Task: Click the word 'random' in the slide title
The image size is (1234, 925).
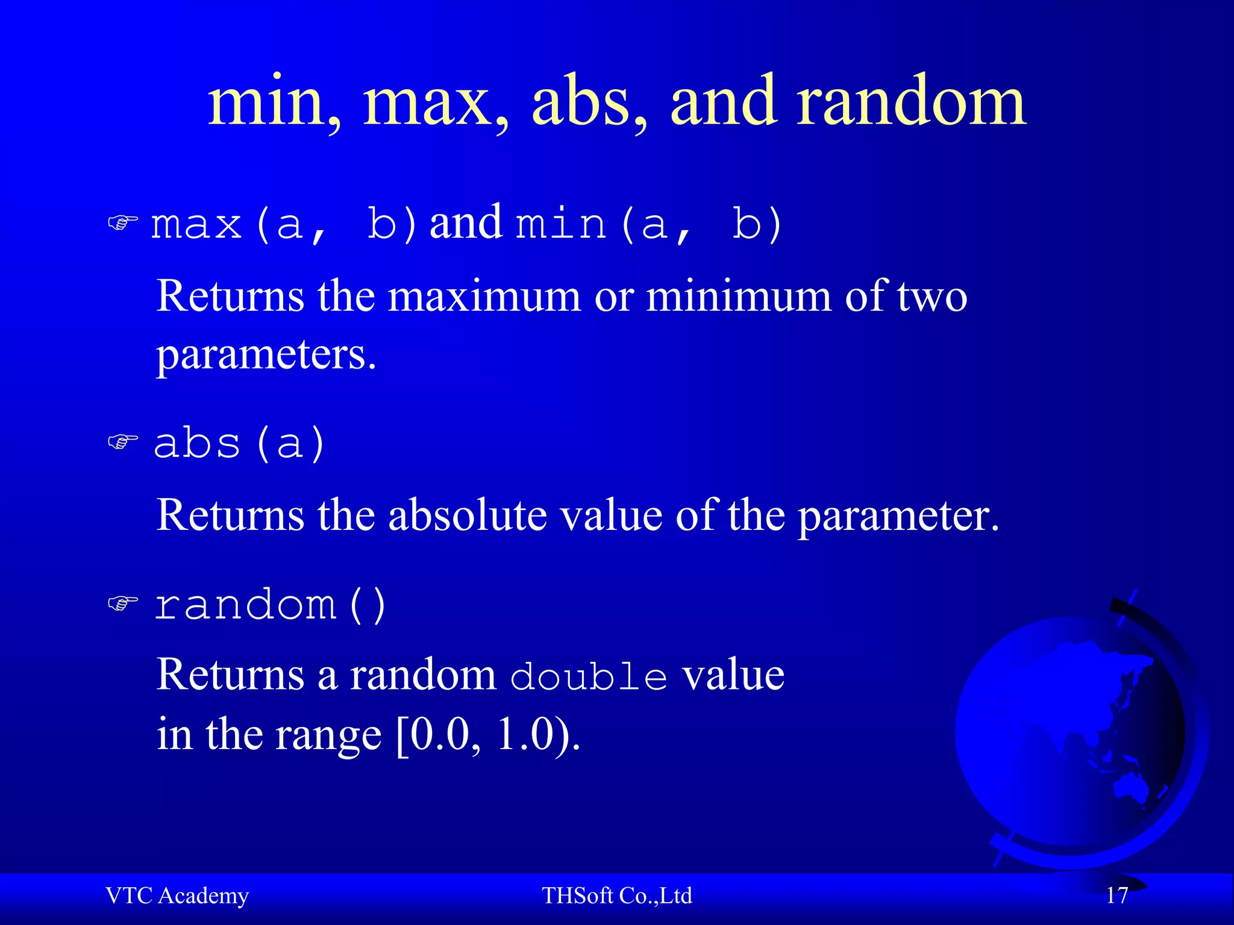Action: pos(911,102)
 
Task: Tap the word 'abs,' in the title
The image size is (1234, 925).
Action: pos(589,102)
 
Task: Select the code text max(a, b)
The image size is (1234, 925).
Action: pos(283,224)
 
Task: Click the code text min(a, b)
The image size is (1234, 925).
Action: pos(649,224)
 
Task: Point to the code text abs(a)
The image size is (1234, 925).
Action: pos(239,443)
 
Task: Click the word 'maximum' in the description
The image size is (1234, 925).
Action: pos(484,296)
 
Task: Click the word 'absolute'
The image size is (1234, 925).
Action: pos(468,515)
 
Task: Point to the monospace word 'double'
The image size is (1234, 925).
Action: pos(589,676)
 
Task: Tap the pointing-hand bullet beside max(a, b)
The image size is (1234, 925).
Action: pos(123,223)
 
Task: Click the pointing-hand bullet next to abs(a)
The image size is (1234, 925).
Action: pos(123,443)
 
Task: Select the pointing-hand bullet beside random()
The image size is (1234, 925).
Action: pos(123,603)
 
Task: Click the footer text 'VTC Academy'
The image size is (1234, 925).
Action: pos(177,895)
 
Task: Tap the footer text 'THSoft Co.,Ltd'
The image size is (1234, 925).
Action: pos(616,895)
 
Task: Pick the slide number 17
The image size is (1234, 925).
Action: pos(1117,895)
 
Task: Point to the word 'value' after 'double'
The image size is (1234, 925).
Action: pos(733,675)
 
